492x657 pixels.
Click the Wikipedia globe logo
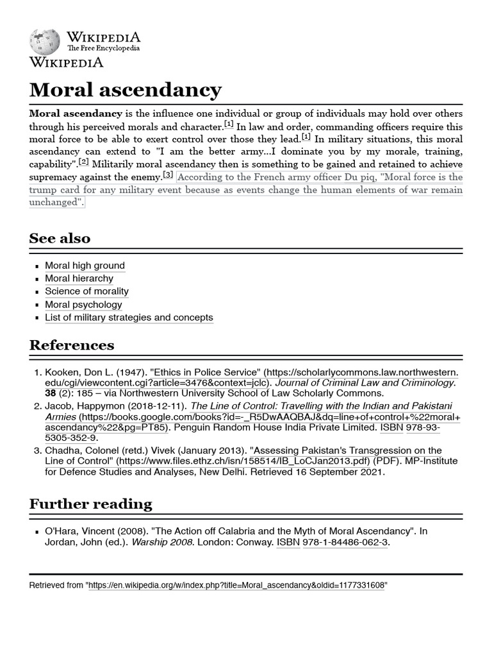[x=44, y=42]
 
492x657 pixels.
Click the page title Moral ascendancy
[x=126, y=89]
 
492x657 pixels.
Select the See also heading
[x=60, y=238]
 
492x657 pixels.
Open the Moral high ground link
[x=85, y=266]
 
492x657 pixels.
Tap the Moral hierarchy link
[x=79, y=278]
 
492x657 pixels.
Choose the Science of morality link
[x=86, y=291]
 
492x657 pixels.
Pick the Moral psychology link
[x=83, y=305]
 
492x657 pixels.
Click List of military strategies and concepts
[x=129, y=318]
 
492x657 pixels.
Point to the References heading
[x=72, y=345]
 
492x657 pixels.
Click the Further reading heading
[x=90, y=504]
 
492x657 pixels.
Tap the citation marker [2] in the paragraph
[x=83, y=162]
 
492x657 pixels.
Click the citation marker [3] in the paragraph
[x=168, y=175]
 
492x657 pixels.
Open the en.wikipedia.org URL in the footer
[x=237, y=586]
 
